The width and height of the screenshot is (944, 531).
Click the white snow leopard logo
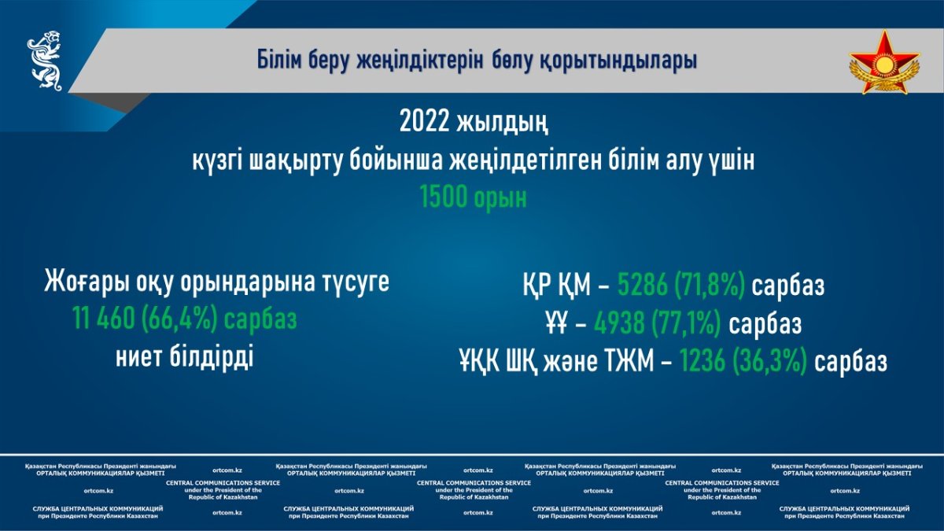(45, 61)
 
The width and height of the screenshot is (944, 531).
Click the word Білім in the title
(279, 61)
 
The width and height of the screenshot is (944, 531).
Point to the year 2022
(424, 122)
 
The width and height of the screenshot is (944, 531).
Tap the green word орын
(500, 199)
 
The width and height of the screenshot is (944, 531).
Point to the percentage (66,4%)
(179, 319)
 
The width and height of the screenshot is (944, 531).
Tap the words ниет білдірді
(185, 357)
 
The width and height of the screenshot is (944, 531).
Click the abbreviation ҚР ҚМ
(557, 286)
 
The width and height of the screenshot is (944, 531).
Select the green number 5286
(643, 285)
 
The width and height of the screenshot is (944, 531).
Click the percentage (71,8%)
(710, 286)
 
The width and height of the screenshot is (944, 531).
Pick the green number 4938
(619, 323)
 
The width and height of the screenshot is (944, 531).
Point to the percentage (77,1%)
(686, 324)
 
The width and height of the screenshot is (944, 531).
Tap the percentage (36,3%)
(769, 362)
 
